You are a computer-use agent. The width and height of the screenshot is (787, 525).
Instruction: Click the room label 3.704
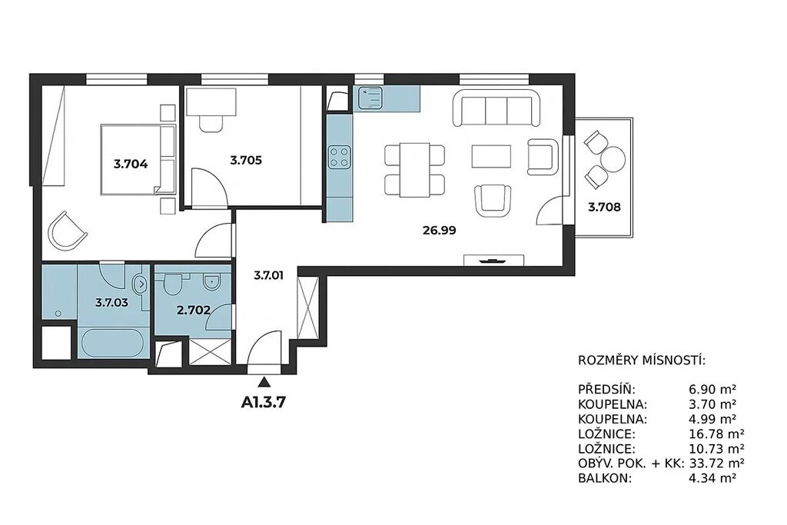tap(131, 164)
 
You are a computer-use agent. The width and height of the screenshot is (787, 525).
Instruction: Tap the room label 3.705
tap(246, 161)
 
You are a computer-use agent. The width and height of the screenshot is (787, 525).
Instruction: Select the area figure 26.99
tap(439, 231)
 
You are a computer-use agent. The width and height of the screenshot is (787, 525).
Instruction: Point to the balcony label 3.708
tap(604, 207)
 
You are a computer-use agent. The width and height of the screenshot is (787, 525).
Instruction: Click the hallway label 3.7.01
tap(268, 275)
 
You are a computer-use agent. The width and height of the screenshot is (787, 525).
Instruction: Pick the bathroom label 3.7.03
tap(112, 303)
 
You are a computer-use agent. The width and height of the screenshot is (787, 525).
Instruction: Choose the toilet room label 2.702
tap(193, 311)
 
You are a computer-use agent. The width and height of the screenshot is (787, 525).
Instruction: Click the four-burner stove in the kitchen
tap(339, 157)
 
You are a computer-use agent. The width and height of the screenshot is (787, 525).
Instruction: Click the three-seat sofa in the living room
tap(496, 108)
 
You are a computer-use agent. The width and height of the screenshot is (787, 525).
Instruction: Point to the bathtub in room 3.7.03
tap(113, 343)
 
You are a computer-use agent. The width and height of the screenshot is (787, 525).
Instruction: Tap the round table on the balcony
tap(613, 160)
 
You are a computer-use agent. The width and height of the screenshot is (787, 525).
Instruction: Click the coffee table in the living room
tap(491, 156)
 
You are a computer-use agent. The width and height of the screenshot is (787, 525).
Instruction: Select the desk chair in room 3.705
tap(211, 123)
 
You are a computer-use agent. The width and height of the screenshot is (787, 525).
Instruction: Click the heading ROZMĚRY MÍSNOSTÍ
tap(642, 361)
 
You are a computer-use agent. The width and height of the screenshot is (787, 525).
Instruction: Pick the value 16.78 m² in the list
tap(716, 434)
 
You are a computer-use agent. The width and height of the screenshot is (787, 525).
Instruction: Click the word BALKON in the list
tap(604, 478)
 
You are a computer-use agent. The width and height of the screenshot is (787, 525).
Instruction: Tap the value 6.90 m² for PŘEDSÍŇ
tap(712, 389)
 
